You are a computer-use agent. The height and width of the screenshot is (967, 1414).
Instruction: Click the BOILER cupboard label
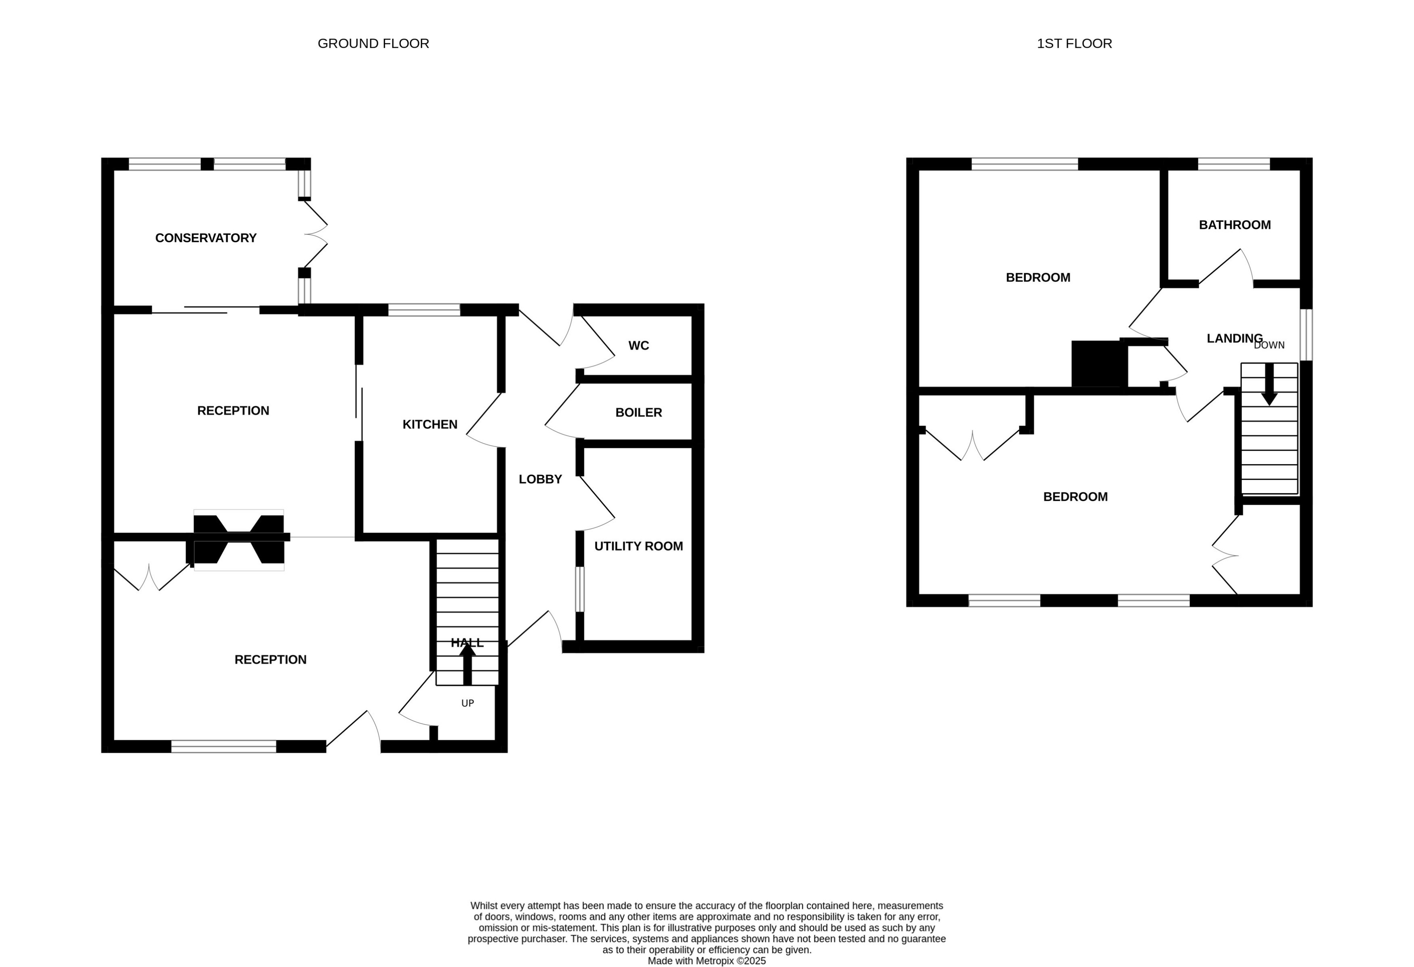(638, 413)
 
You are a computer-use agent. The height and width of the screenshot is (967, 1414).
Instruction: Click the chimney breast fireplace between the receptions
(238, 540)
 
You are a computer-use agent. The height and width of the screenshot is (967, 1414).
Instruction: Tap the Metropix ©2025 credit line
(706, 961)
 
